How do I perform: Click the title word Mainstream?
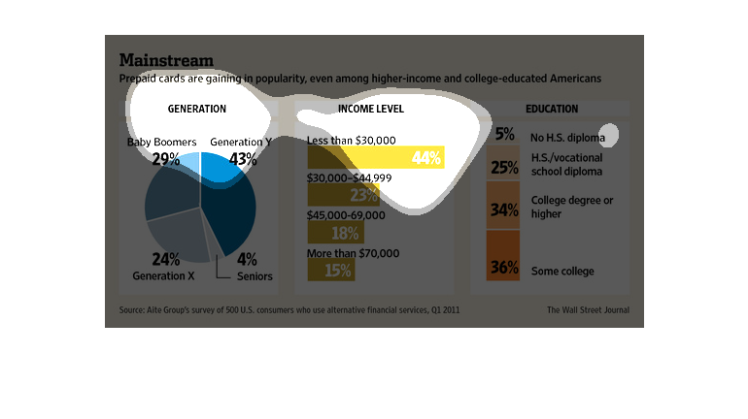166,60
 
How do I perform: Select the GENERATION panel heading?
196,110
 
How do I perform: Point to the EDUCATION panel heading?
551,110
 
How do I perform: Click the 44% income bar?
375,157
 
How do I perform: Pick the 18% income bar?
335,233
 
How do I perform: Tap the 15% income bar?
330,271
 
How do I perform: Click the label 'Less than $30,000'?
351,141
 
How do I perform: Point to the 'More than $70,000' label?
353,253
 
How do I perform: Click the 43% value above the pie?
242,159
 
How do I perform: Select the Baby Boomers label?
162,143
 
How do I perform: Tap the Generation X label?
163,275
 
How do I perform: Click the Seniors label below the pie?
255,276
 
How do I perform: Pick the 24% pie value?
166,259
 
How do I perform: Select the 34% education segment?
503,206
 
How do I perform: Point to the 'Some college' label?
562,272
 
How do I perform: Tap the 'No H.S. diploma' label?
567,137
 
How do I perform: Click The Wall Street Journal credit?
588,310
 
